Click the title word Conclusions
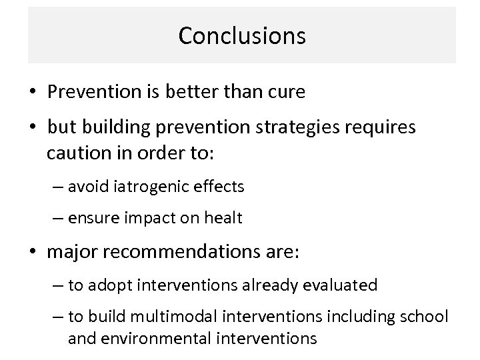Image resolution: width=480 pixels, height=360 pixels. click(x=241, y=36)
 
